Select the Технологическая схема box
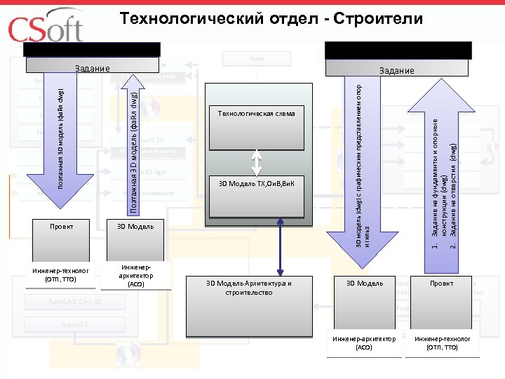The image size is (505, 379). coord(256,113)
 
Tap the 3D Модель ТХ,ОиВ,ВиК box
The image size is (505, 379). coord(256,184)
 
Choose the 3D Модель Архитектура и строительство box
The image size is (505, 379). coord(248,287)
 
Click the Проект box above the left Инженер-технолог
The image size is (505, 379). coord(61,226)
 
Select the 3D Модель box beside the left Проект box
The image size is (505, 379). coord(130,226)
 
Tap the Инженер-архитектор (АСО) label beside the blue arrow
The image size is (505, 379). coord(135,276)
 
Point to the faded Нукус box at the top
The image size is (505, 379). coord(256,59)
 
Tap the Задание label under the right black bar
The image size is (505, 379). coord(397,70)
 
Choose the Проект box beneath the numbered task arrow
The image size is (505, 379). coord(441,283)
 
